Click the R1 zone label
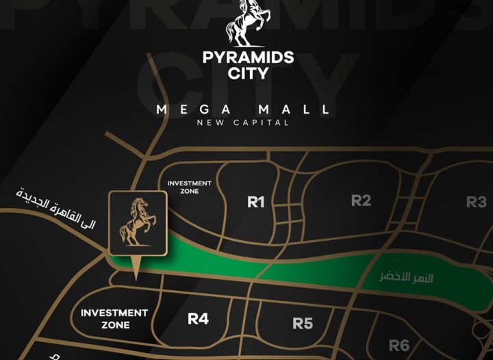pos(255,202)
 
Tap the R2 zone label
pos(361,201)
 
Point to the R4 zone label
pos(198,319)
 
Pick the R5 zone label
pos(302,323)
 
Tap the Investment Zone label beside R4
pos(114,319)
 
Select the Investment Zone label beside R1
pos(190,187)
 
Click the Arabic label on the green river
pos(406,279)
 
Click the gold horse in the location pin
pos(137,222)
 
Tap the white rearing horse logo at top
pos(247,23)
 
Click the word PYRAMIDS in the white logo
pos(248,57)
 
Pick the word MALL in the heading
pos(296,110)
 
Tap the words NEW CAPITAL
pos(242,123)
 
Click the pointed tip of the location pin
pos(136,279)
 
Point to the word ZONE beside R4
pos(114,325)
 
